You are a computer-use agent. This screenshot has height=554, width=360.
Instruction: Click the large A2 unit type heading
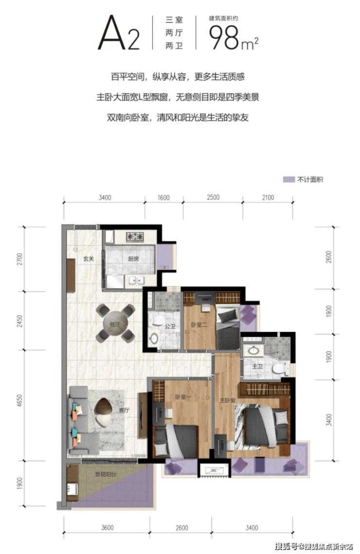(x=119, y=33)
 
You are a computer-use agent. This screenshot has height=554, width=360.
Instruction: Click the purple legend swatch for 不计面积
(x=288, y=180)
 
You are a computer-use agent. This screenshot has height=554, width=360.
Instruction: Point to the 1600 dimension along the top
(x=163, y=198)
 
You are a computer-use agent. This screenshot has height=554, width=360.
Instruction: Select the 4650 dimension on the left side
(x=19, y=400)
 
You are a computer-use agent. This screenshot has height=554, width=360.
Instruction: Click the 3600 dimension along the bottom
(x=108, y=528)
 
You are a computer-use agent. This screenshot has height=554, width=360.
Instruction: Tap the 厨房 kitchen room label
(x=133, y=259)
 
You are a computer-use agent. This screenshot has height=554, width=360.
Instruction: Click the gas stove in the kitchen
(x=135, y=237)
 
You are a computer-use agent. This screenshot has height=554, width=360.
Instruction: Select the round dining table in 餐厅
(x=115, y=323)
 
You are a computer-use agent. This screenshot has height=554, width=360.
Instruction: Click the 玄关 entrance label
(x=88, y=259)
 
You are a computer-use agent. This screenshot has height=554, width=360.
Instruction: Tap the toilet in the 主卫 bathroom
(x=281, y=369)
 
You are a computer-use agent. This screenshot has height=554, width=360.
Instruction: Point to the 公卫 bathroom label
(x=170, y=327)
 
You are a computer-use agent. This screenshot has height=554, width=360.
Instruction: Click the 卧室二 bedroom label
(x=199, y=325)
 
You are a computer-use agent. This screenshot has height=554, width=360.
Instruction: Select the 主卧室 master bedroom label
(x=227, y=400)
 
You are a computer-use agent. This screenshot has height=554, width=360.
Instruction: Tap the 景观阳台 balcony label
(x=105, y=475)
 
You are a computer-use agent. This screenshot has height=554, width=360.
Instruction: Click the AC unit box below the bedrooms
(x=214, y=470)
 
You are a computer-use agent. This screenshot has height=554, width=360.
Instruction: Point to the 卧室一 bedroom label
(x=183, y=397)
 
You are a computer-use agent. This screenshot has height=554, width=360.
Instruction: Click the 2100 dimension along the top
(x=268, y=198)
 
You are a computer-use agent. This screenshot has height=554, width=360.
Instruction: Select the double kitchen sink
(x=137, y=280)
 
